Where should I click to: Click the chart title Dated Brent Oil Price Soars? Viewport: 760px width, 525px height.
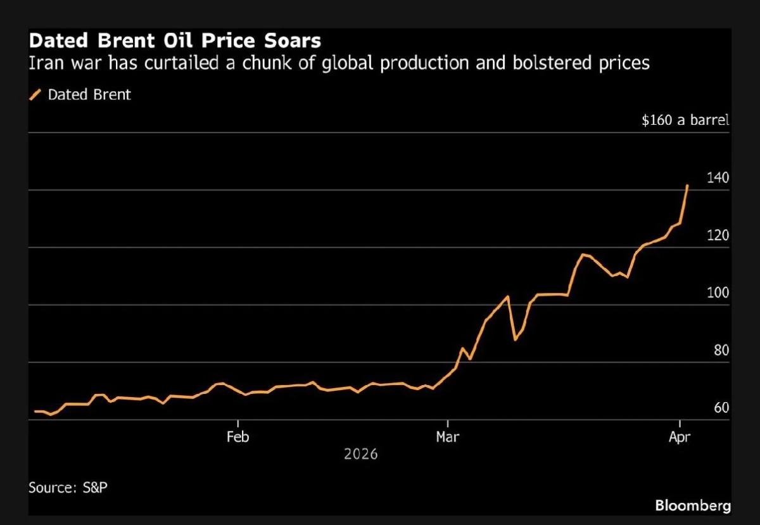[x=175, y=42]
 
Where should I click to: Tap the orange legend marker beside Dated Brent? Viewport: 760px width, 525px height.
[x=35, y=95]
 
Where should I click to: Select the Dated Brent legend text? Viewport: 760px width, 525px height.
[x=89, y=95]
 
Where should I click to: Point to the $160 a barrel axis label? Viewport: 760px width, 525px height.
[x=685, y=120]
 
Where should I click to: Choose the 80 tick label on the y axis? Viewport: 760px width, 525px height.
[x=721, y=351]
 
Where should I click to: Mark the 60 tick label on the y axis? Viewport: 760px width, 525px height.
[x=721, y=408]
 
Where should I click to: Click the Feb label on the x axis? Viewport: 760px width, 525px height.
[x=238, y=437]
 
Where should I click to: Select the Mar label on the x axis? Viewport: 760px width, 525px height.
[x=448, y=437]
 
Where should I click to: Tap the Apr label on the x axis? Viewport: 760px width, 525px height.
[x=680, y=437]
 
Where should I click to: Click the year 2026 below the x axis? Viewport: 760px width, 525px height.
[x=360, y=454]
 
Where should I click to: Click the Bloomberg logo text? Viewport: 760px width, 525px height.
[x=692, y=505]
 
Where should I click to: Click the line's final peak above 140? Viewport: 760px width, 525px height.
[x=688, y=186]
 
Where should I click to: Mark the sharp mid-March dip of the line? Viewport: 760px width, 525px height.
[x=515, y=339]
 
